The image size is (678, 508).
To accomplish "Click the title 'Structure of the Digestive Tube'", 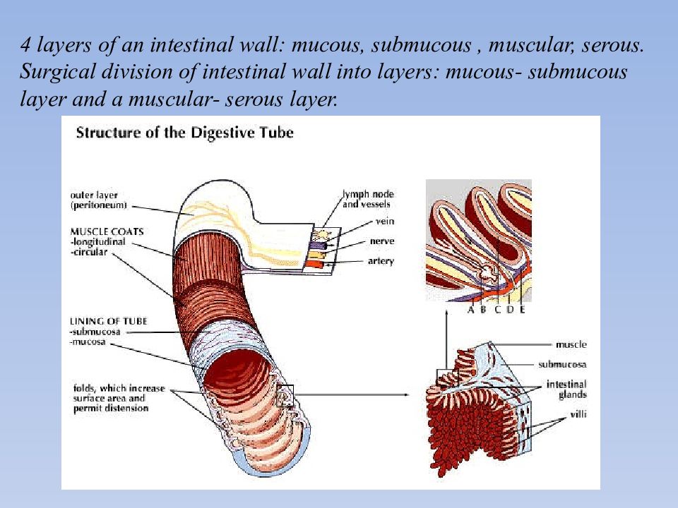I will tap(184, 132).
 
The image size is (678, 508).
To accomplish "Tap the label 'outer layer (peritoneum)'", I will tap(99, 200).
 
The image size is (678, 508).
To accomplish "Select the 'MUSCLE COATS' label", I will tap(106, 230).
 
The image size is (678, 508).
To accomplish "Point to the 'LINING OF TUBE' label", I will tap(108, 321).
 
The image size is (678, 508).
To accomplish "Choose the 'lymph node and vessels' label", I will tap(368, 199).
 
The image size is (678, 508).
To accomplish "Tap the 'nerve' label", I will tap(382, 241).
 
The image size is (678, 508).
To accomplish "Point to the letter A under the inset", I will tap(470, 309).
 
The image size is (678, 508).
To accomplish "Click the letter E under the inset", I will tap(522, 309).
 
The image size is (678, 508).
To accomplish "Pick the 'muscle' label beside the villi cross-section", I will tap(571, 344).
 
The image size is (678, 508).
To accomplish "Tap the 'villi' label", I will tap(578, 415).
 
